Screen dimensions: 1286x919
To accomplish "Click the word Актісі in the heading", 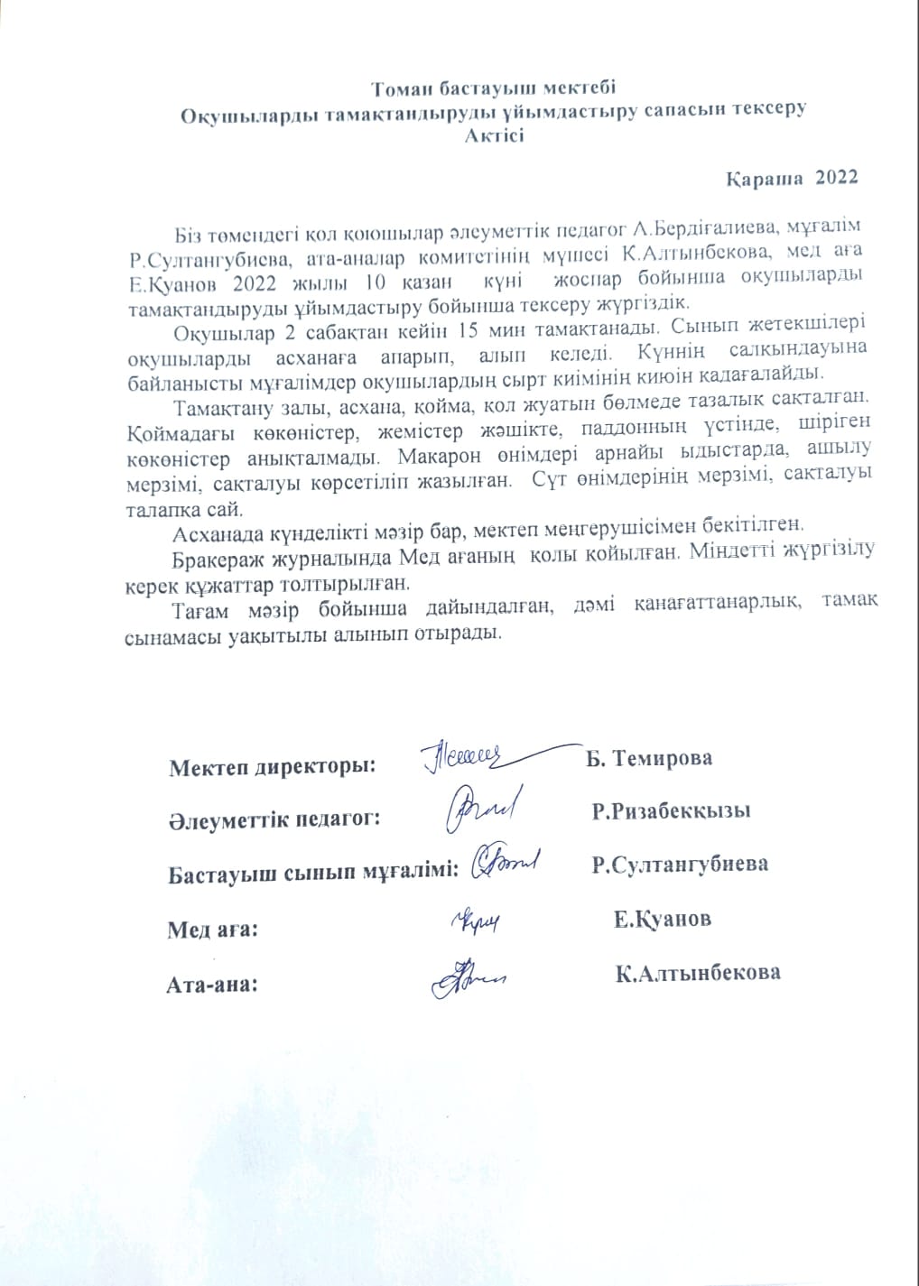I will [x=495, y=136].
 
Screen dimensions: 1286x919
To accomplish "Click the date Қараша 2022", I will [x=792, y=177].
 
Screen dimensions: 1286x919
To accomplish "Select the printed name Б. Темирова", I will [x=649, y=758].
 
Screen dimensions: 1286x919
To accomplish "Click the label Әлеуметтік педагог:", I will [x=273, y=819].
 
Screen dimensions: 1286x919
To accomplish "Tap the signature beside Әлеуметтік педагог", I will [x=479, y=807].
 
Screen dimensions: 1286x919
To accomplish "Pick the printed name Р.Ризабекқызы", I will [x=672, y=810].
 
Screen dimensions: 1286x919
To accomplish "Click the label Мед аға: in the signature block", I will [x=213, y=930].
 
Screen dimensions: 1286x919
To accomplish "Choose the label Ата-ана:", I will [x=213, y=984].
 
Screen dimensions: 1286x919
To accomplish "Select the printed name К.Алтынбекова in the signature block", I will [x=697, y=973].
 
